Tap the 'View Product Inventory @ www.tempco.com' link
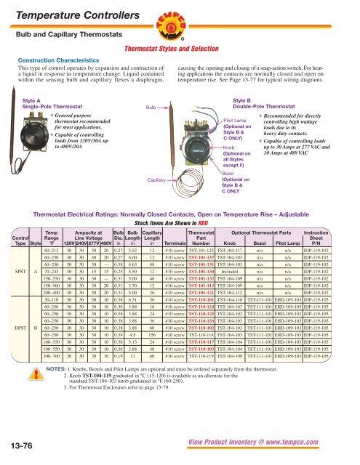[271, 450]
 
